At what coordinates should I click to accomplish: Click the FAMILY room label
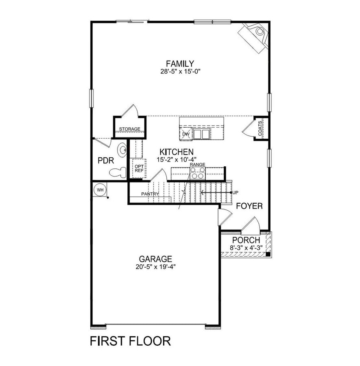pyautogui.click(x=180, y=63)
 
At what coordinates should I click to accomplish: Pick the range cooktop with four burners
pyautogui.click(x=198, y=173)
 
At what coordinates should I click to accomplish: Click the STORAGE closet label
pyautogui.click(x=129, y=129)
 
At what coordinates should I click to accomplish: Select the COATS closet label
pyautogui.click(x=260, y=128)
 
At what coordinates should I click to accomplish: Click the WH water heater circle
pyautogui.click(x=100, y=190)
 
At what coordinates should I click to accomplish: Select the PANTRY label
pyautogui.click(x=150, y=194)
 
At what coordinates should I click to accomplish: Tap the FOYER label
pyautogui.click(x=249, y=206)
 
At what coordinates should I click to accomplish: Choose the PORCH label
pyautogui.click(x=246, y=240)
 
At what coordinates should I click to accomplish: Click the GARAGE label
pyautogui.click(x=155, y=259)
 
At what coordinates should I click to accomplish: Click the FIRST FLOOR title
pyautogui.click(x=130, y=340)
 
